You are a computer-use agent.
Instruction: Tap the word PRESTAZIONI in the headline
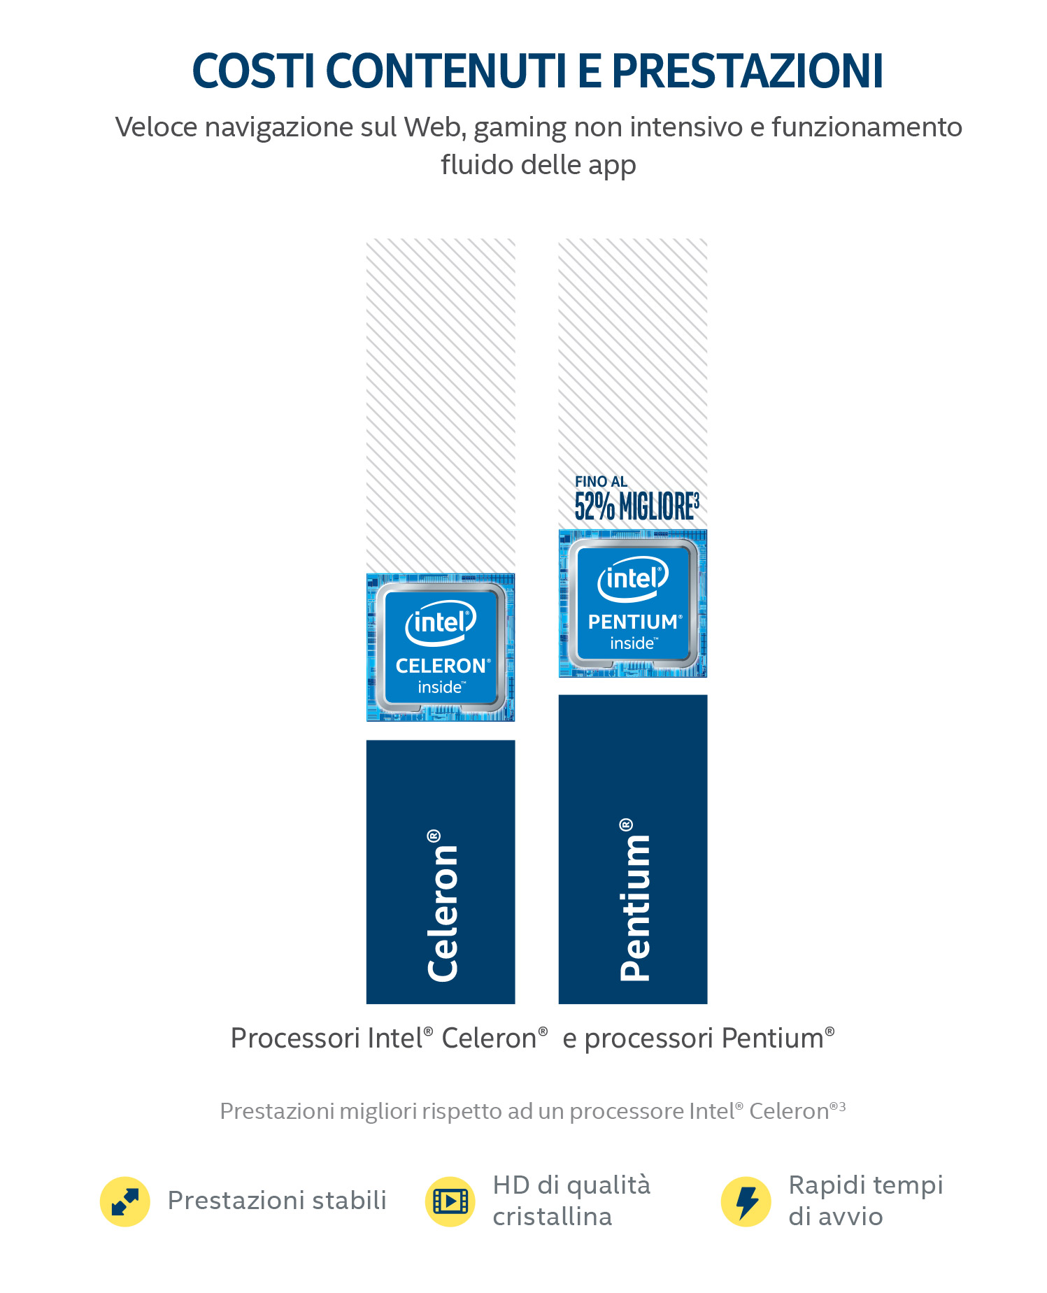[747, 71]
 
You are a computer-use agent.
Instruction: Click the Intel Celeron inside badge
[441, 647]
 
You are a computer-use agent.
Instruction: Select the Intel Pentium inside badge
[633, 603]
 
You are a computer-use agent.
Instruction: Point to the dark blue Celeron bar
[441, 872]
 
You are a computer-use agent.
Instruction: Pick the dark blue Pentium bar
[633, 849]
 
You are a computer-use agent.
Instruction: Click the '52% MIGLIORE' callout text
[636, 506]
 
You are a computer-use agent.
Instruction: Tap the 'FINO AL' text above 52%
[601, 481]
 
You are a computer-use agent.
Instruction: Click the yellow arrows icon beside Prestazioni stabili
[125, 1201]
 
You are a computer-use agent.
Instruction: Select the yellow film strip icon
[450, 1201]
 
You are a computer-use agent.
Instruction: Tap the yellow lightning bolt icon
[746, 1201]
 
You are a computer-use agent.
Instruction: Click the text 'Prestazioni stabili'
[277, 1200]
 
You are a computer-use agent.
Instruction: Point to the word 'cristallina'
[553, 1217]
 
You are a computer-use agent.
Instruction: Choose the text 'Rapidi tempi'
[866, 1186]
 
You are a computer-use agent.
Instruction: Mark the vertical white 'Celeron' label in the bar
[443, 906]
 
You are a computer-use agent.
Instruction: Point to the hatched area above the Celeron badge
[441, 406]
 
